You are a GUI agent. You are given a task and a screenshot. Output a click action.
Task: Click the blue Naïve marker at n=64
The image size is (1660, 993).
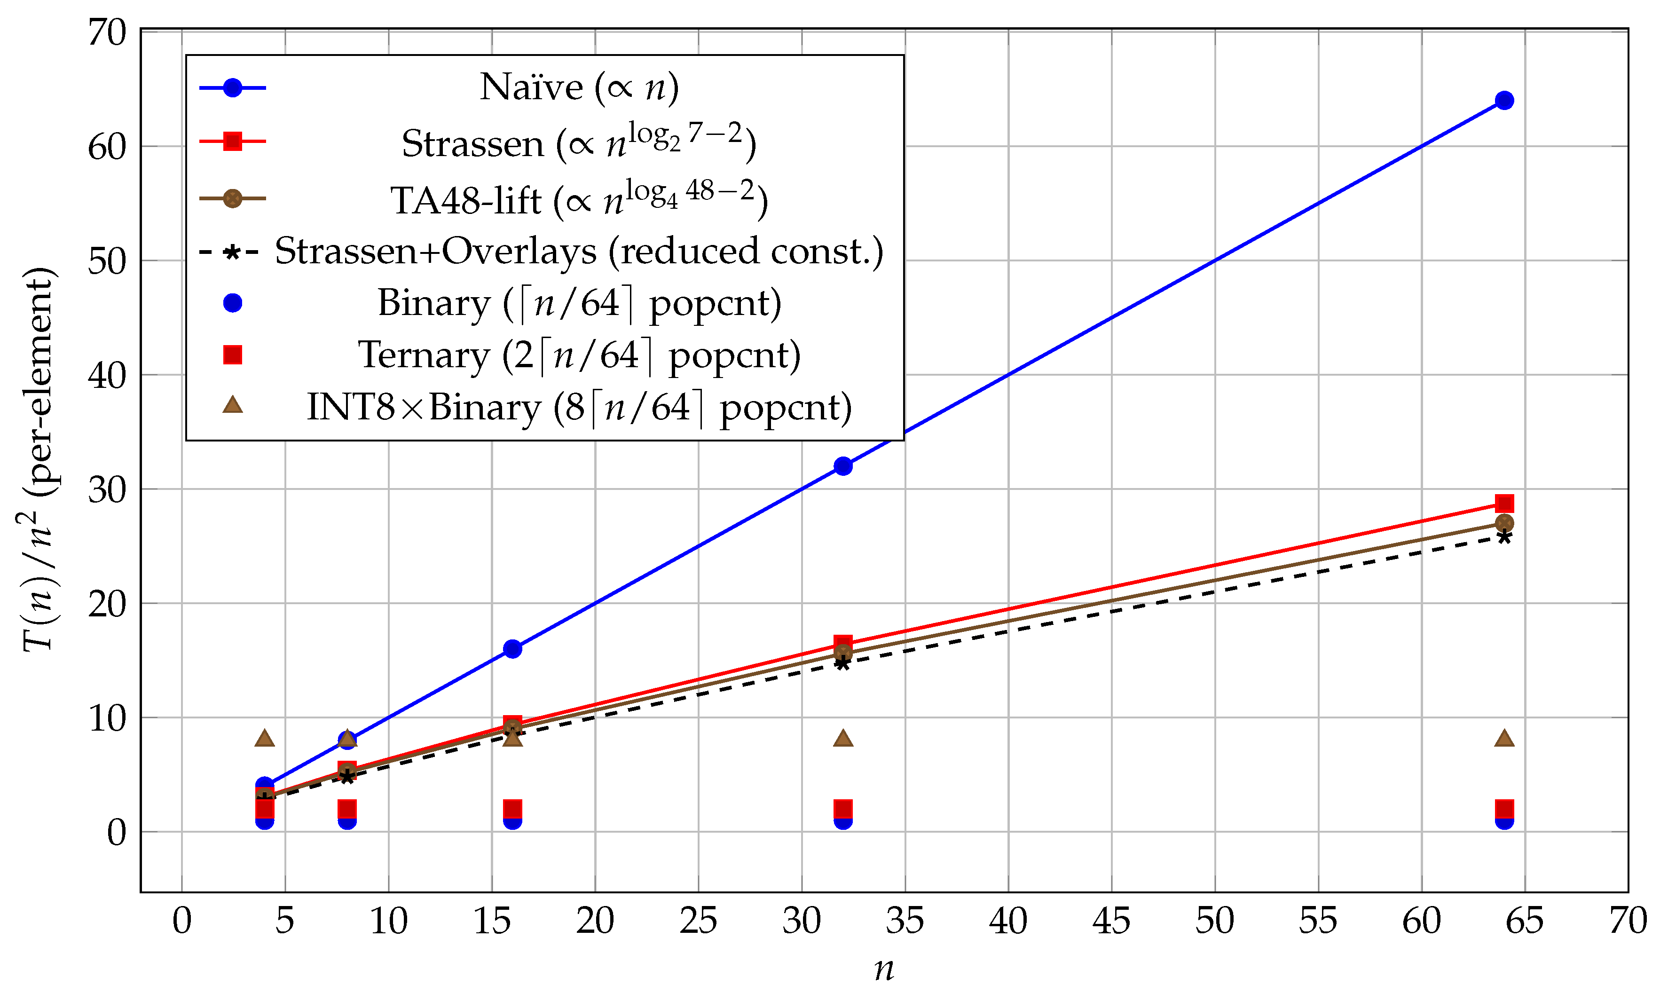point(1504,100)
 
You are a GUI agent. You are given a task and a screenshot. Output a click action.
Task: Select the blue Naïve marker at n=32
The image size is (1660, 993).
point(843,466)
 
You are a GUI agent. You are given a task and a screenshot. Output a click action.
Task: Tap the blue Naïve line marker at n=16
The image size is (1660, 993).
point(512,649)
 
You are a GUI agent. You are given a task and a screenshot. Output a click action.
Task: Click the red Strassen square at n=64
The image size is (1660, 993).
point(1504,503)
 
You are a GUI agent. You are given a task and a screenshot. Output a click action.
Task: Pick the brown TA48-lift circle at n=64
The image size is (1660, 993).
point(1504,523)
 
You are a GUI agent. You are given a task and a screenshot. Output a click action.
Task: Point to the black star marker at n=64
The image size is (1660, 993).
point(1504,536)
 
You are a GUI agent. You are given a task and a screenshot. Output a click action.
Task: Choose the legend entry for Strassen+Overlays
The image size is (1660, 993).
point(579,252)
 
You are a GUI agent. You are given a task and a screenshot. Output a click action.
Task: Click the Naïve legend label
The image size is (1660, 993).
point(579,87)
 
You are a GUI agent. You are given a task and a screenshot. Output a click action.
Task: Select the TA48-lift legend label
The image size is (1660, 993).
point(579,199)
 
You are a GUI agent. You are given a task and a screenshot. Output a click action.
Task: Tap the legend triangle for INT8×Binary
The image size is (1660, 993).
point(232,405)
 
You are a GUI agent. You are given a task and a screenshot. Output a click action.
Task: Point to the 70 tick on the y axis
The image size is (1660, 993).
point(107,32)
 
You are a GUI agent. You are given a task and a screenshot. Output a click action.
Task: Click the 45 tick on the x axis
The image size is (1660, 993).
point(1111,922)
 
